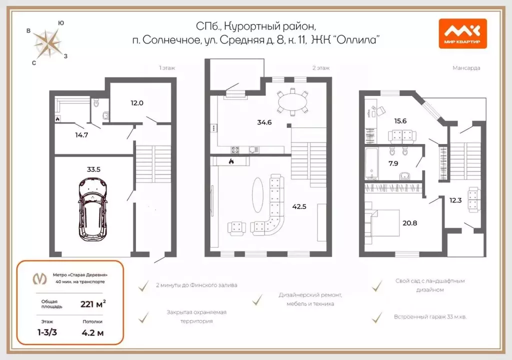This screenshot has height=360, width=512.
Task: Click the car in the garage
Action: coord(93,209)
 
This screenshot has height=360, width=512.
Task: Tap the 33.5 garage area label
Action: coord(93,169)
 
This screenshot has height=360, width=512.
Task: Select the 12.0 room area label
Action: coord(137,103)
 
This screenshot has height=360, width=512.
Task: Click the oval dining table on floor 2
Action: coord(292,102)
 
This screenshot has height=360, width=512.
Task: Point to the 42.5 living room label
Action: coord(299,206)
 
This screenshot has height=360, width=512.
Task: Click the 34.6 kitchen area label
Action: coord(264,122)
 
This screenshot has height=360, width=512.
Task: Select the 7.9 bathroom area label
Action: coord(393,163)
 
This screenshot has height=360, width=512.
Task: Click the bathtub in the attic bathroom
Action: coord(371,163)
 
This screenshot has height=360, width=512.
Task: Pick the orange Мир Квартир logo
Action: coord(462,33)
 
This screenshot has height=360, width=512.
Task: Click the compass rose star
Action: coord(48,43)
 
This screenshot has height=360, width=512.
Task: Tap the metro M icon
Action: coord(39,278)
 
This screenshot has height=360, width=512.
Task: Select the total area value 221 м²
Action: coord(93,304)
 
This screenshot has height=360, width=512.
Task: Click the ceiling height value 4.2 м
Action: coord(92,333)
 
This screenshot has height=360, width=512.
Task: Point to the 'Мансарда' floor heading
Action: coord(466,68)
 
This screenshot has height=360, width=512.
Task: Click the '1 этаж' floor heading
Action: coord(167,68)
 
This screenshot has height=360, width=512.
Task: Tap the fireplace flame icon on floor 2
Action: coord(231,160)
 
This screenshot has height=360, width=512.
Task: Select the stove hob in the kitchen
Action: coord(235,150)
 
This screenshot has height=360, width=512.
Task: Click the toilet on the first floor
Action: coord(96,103)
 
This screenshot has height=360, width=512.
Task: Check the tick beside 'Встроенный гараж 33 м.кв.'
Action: coord(377,317)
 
